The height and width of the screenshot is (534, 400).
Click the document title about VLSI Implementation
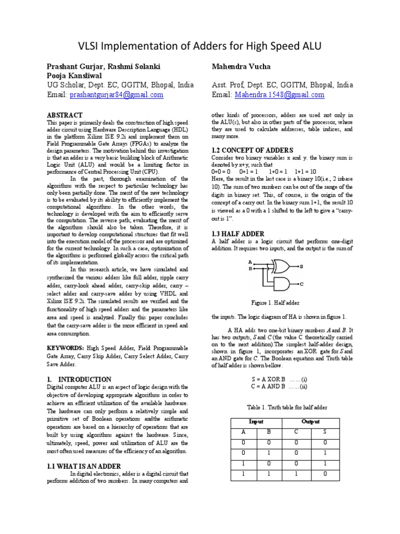click(x=199, y=47)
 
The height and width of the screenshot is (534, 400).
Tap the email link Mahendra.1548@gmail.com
click(x=280, y=95)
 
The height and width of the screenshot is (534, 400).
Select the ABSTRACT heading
click(x=65, y=115)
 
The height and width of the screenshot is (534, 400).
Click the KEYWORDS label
click(x=65, y=347)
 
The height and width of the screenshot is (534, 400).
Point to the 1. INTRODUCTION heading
click(x=79, y=380)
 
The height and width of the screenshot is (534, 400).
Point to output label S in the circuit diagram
click(x=301, y=266)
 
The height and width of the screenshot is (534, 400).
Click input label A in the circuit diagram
click(x=250, y=262)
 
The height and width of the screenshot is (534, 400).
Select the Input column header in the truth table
click(x=256, y=421)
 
